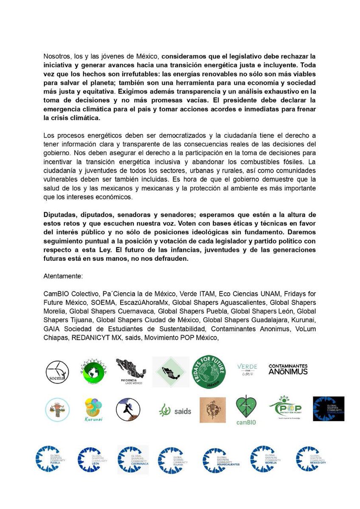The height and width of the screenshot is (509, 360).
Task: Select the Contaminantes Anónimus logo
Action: coord(288,369)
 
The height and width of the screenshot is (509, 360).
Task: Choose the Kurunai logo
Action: coord(93,410)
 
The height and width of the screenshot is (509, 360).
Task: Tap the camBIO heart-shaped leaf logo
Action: coord(246,410)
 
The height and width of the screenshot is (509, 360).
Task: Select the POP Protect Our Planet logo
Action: coord(285,409)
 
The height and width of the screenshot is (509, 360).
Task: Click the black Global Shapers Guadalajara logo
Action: coord(328,409)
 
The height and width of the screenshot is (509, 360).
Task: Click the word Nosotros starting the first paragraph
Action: coord(57,56)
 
